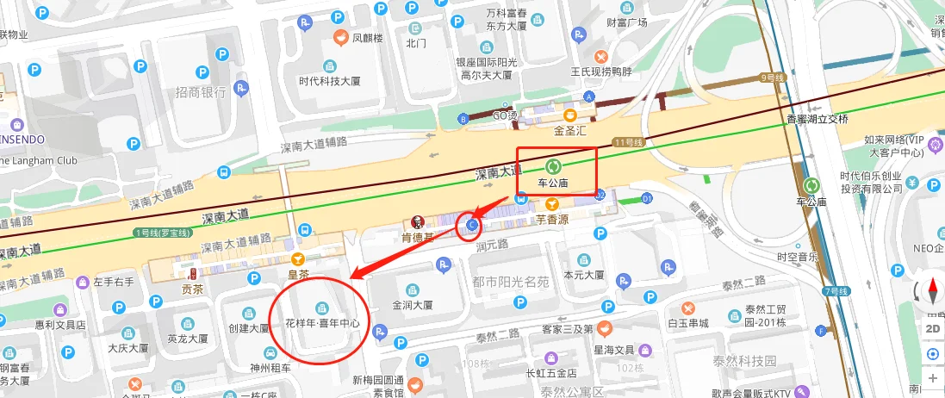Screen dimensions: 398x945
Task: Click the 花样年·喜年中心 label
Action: click(321, 324)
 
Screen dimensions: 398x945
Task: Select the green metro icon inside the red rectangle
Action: click(552, 166)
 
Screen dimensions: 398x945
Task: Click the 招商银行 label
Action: click(200, 92)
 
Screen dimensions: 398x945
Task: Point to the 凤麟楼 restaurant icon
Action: click(341, 38)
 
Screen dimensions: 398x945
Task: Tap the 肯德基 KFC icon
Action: click(418, 221)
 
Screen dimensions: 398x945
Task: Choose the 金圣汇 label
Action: click(569, 131)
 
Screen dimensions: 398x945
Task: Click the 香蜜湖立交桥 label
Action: click(817, 119)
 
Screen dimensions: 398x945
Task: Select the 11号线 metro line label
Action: click(629, 141)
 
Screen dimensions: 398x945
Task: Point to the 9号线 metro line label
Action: click(774, 78)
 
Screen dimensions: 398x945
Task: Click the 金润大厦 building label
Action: click(412, 304)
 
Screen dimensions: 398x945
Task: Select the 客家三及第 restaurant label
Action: click(567, 328)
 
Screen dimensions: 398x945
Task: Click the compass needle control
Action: click(932, 293)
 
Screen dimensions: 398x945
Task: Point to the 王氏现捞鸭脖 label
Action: click(595, 71)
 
